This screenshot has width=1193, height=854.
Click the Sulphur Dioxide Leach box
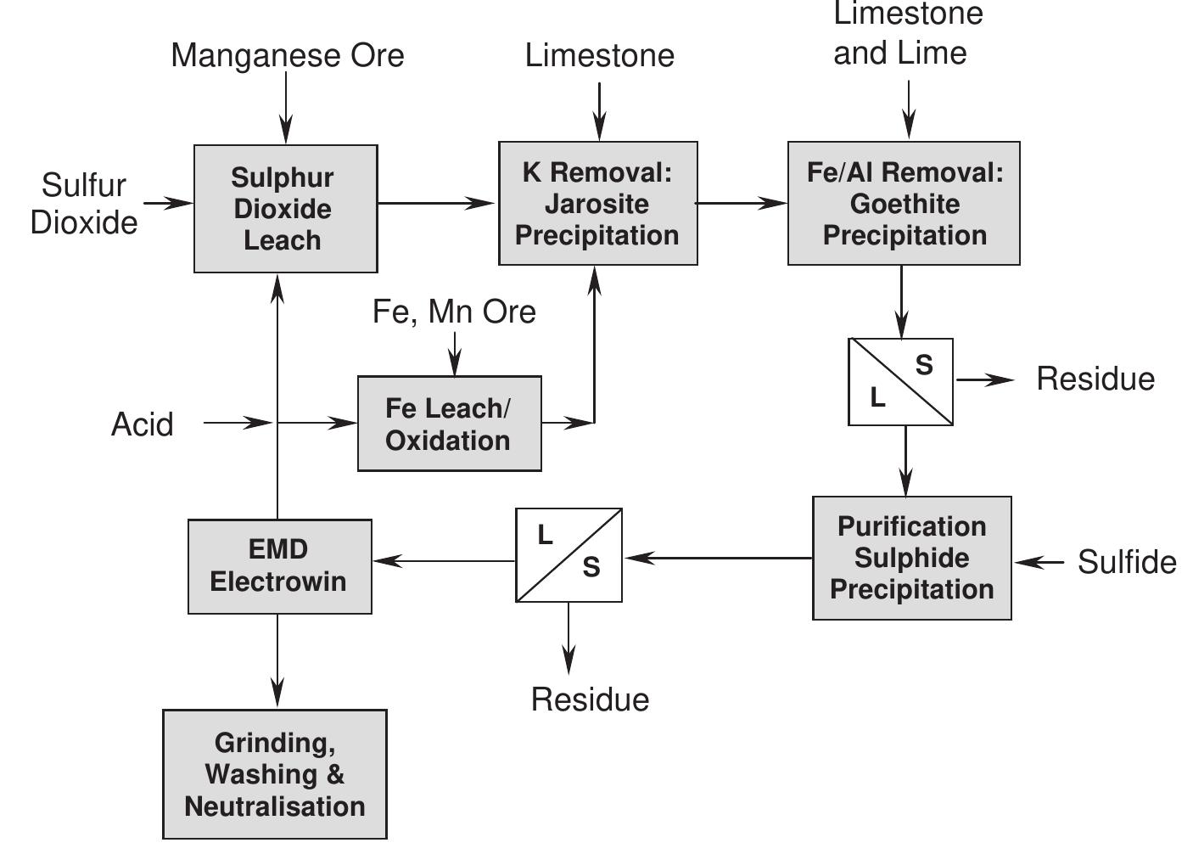(x=285, y=209)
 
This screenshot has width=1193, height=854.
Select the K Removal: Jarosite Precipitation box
(x=597, y=204)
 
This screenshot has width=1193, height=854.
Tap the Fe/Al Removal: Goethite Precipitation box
(x=904, y=204)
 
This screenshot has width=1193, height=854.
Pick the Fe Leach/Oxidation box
(x=449, y=424)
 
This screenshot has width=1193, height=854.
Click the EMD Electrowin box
(x=279, y=566)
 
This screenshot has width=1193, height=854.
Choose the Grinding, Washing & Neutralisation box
(x=274, y=774)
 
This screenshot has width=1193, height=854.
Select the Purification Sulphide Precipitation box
(x=911, y=558)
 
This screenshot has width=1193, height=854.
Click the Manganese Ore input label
(x=287, y=55)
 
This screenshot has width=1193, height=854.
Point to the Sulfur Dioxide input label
(x=84, y=204)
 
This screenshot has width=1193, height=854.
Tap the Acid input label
(x=142, y=424)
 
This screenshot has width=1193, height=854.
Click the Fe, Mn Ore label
(x=454, y=312)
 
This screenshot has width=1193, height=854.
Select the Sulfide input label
(x=1126, y=562)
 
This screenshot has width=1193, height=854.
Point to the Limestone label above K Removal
(x=599, y=55)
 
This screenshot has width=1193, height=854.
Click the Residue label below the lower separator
(x=590, y=699)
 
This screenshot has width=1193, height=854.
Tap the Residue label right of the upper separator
(x=1095, y=379)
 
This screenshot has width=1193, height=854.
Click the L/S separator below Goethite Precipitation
(x=900, y=381)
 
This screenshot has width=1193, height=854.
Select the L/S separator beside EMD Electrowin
(x=568, y=555)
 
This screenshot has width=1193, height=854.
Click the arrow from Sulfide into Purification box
(x=1039, y=562)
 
